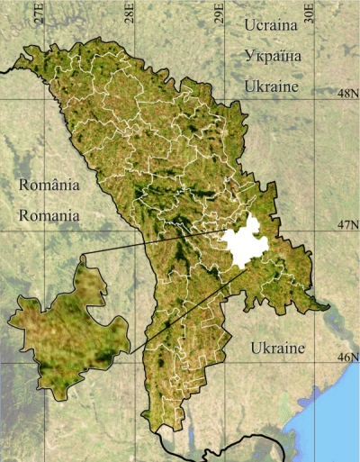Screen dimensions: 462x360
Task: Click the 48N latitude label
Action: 347,94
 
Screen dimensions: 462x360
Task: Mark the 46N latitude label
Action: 347,358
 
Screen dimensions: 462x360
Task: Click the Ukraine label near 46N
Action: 278,348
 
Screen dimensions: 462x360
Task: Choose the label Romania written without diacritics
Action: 49,216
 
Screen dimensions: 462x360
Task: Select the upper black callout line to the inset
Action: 153,244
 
